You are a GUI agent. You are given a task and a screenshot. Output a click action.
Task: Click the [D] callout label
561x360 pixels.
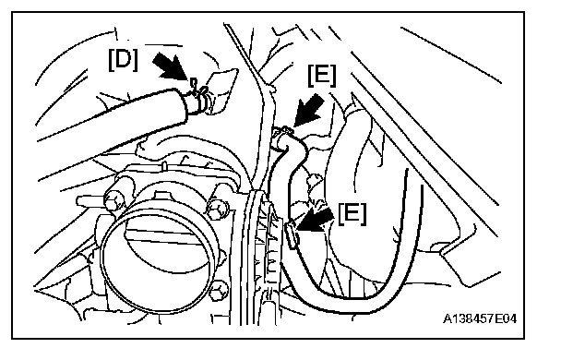123,59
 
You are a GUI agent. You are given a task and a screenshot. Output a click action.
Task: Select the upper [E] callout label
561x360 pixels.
322,76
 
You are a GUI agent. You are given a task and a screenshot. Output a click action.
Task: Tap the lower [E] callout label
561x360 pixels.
352,214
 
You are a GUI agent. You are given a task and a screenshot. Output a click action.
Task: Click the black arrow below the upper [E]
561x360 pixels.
309,110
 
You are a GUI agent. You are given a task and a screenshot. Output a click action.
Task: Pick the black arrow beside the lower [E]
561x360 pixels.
315,220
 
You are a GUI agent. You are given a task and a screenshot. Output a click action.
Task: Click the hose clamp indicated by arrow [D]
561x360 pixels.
199,95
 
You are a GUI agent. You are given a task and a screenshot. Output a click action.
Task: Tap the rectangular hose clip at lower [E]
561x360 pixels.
293,235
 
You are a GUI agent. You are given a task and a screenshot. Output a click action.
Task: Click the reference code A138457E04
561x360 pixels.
480,318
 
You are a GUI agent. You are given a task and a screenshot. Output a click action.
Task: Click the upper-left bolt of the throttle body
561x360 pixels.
114,200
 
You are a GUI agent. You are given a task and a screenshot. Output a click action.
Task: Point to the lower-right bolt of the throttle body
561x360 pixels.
220,292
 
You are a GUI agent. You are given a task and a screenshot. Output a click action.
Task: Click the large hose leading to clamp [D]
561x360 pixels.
111,115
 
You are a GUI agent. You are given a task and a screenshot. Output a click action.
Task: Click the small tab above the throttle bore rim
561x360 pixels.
164,196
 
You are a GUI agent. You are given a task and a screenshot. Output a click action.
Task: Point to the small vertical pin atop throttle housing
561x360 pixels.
163,166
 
